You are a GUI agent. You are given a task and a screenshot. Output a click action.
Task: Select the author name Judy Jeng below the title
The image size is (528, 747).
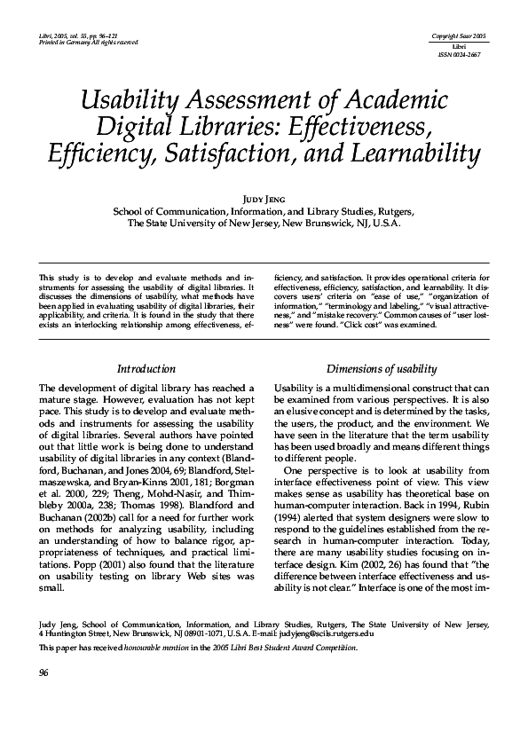coord(264,198)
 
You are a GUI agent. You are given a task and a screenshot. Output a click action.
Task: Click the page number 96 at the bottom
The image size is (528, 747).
coord(44,672)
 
